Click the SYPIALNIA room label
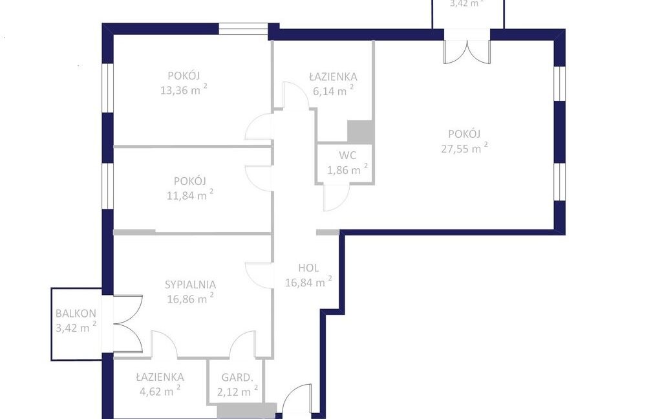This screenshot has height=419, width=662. [x=190, y=285]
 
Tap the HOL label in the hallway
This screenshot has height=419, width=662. [x=308, y=268]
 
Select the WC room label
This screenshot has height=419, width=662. [x=347, y=155]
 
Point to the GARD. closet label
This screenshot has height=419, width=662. [x=237, y=377]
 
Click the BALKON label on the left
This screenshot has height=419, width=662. [x=76, y=314]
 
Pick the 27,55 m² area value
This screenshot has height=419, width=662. [x=464, y=148]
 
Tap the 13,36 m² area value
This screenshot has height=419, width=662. [x=184, y=89]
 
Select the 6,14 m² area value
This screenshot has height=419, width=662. [x=333, y=91]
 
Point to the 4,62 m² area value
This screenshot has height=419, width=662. [x=160, y=391]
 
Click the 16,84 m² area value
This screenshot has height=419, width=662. [x=308, y=282]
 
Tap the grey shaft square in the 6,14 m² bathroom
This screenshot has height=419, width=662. [x=360, y=132]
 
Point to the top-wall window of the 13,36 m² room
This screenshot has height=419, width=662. [x=243, y=28]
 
